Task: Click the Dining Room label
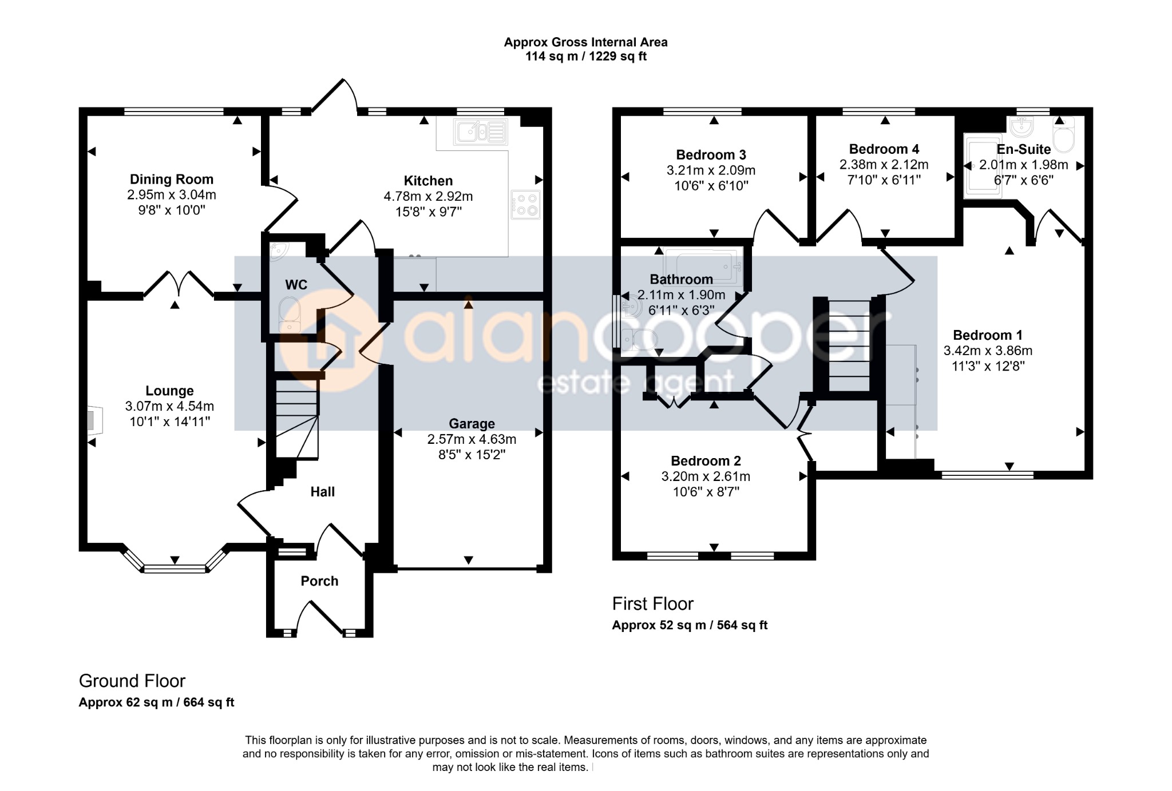click(172, 180)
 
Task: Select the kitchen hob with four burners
click(525, 205)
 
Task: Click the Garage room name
click(472, 424)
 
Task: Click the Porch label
click(319, 581)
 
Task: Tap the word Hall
click(322, 492)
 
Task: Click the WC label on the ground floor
click(296, 284)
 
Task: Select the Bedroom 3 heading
click(711, 155)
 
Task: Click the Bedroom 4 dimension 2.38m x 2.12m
click(884, 165)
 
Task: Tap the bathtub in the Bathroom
click(703, 265)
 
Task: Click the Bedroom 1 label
click(988, 336)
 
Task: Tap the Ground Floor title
click(132, 681)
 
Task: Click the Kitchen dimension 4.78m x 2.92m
click(428, 196)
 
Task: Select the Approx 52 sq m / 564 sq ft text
click(690, 625)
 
